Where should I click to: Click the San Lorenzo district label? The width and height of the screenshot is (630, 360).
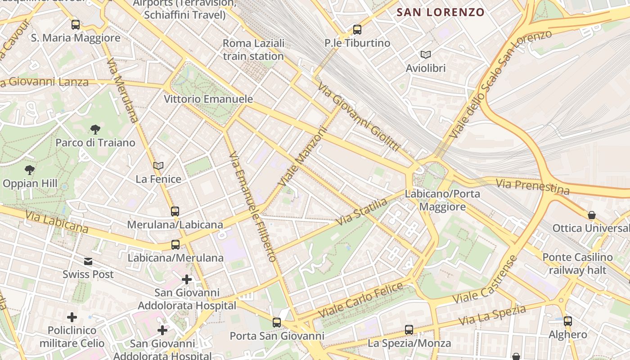[x=440, y=12]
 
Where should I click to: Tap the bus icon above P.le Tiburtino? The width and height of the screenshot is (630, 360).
[x=357, y=30]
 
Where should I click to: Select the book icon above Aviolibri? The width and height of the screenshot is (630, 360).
[x=425, y=55]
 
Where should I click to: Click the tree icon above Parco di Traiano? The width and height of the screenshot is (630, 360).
[x=95, y=130]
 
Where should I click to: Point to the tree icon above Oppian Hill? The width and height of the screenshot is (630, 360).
[x=30, y=170]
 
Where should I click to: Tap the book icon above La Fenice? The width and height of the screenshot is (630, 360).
[x=158, y=166]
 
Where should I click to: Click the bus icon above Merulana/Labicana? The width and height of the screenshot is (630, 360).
[x=175, y=211]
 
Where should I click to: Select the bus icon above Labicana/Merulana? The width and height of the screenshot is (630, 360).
[x=175, y=245]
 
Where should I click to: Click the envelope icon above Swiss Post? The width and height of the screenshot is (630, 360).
[x=88, y=261]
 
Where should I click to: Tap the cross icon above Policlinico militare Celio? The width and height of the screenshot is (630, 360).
[x=72, y=317]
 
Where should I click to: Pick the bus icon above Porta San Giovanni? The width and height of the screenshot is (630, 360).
[x=277, y=323]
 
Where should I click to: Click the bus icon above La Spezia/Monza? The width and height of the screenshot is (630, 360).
[x=409, y=330]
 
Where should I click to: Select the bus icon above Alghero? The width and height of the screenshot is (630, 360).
[x=568, y=321]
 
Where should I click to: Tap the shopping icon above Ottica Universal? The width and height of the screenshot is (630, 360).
[x=592, y=215]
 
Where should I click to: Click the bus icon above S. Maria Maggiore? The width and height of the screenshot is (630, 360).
[x=76, y=25]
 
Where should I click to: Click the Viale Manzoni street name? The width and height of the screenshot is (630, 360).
[x=301, y=156]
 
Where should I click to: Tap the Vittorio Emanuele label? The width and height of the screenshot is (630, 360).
[x=208, y=99]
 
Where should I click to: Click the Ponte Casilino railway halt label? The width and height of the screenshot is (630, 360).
[x=577, y=264]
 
